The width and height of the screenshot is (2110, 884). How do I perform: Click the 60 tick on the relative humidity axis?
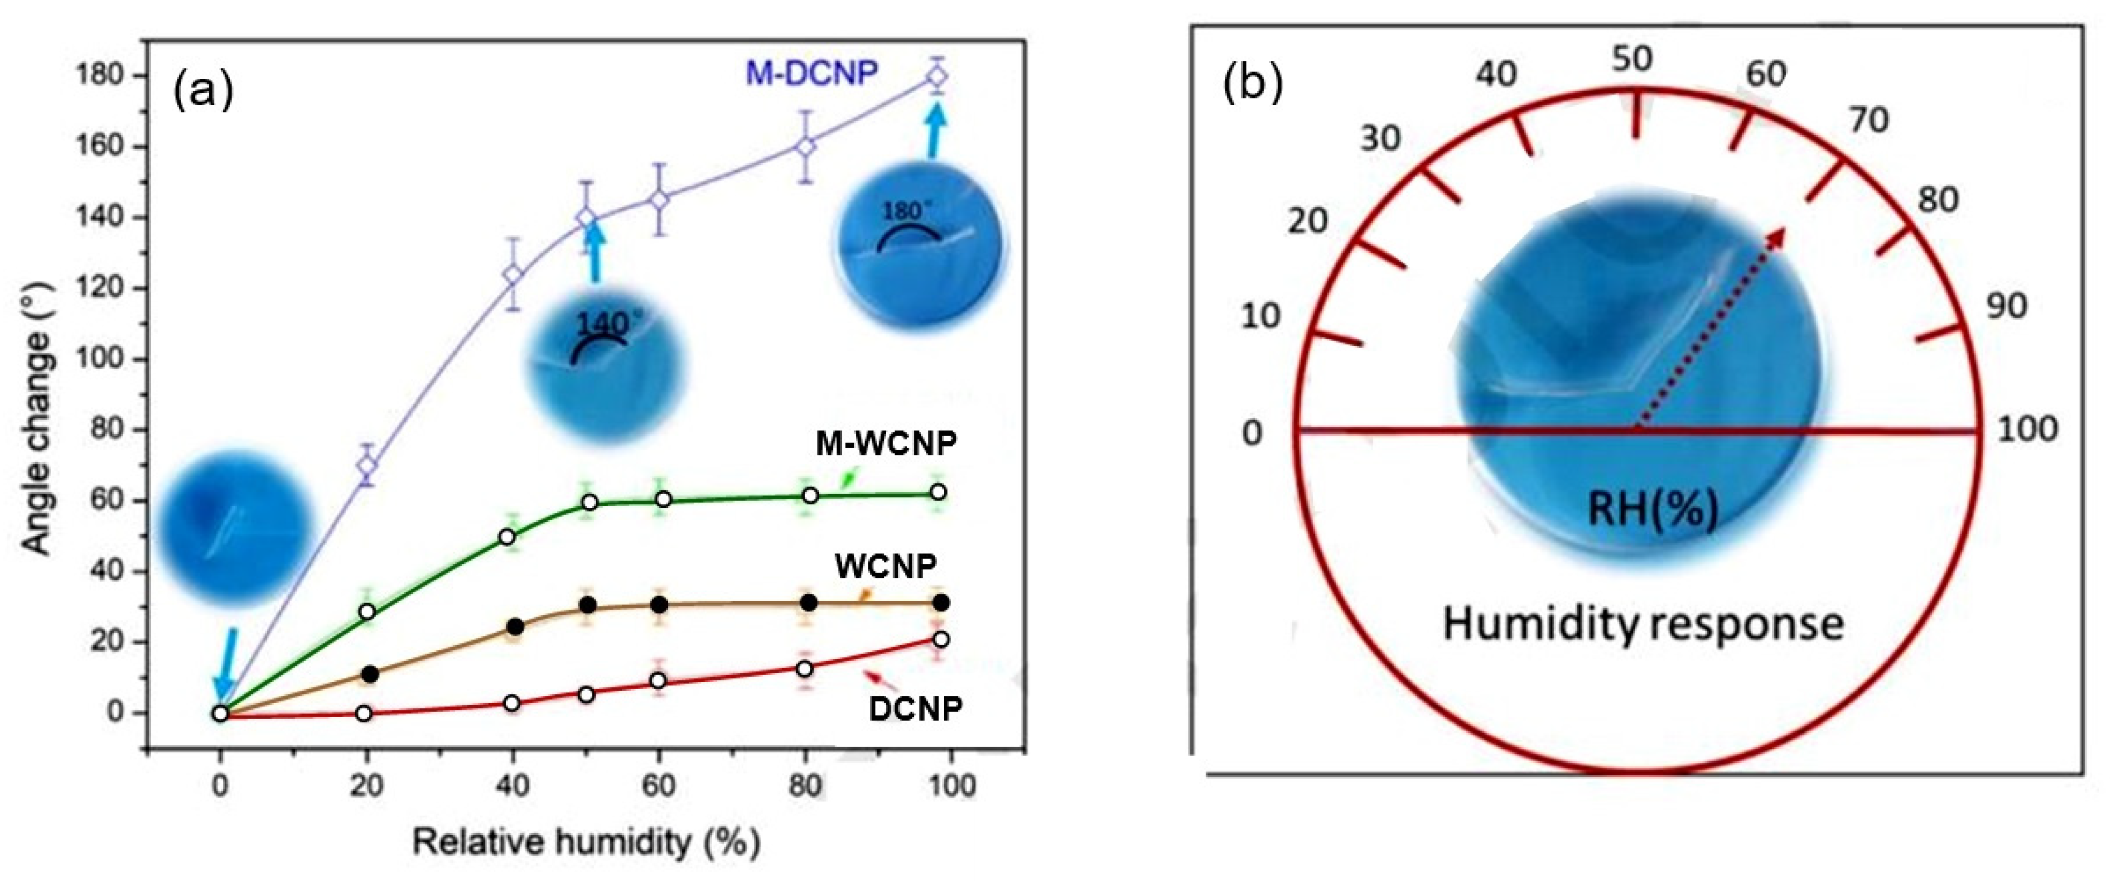click(658, 786)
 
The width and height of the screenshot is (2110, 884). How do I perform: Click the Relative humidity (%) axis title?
click(586, 842)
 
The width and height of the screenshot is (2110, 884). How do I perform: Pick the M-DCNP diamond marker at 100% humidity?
click(938, 76)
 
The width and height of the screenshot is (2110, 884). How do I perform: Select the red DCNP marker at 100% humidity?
click(941, 639)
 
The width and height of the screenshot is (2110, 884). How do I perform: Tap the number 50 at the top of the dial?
click(1632, 60)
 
